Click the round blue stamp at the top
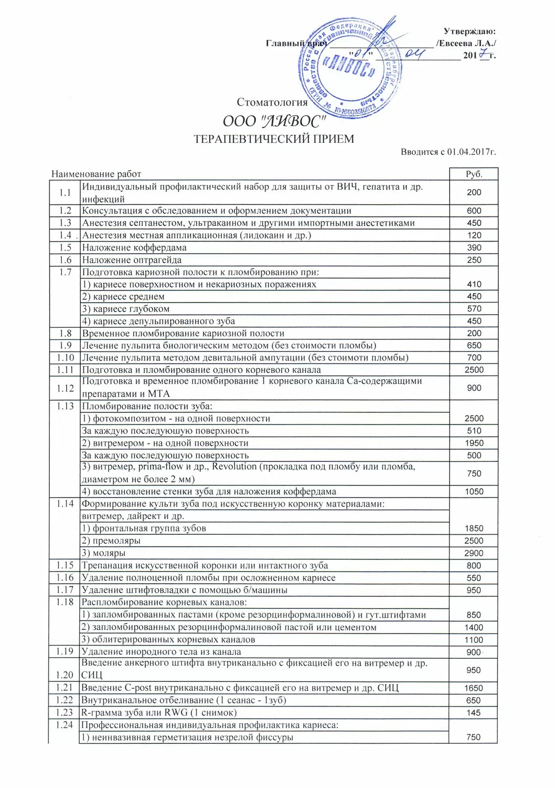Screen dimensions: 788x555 tap(349, 67)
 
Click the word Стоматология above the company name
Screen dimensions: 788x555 tap(272, 102)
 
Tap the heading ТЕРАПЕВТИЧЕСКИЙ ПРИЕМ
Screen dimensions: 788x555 tap(274, 139)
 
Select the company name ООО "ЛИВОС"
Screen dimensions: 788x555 tap(274, 121)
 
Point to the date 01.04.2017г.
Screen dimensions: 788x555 tap(472, 152)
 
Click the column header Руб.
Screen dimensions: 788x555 tap(474, 174)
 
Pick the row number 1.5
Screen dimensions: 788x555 tap(65, 247)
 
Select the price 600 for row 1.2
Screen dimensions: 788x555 tap(474, 211)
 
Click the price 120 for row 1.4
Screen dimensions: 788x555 tap(474, 235)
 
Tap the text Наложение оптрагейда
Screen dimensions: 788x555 tap(132, 260)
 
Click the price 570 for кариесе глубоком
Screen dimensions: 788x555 tap(474, 309)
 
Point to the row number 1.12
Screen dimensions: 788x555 tap(65, 388)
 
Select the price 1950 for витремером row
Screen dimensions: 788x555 tap(474, 443)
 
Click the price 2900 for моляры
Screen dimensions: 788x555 tap(473, 553)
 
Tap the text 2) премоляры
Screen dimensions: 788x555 tap(111, 541)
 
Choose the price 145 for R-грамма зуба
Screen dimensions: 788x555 tap(473, 713)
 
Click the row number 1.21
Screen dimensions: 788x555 tap(65, 688)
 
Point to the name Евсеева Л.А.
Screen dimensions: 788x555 tap(466, 44)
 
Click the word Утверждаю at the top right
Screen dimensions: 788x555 tap(469, 32)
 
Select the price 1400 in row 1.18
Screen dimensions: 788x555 tap(473, 627)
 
